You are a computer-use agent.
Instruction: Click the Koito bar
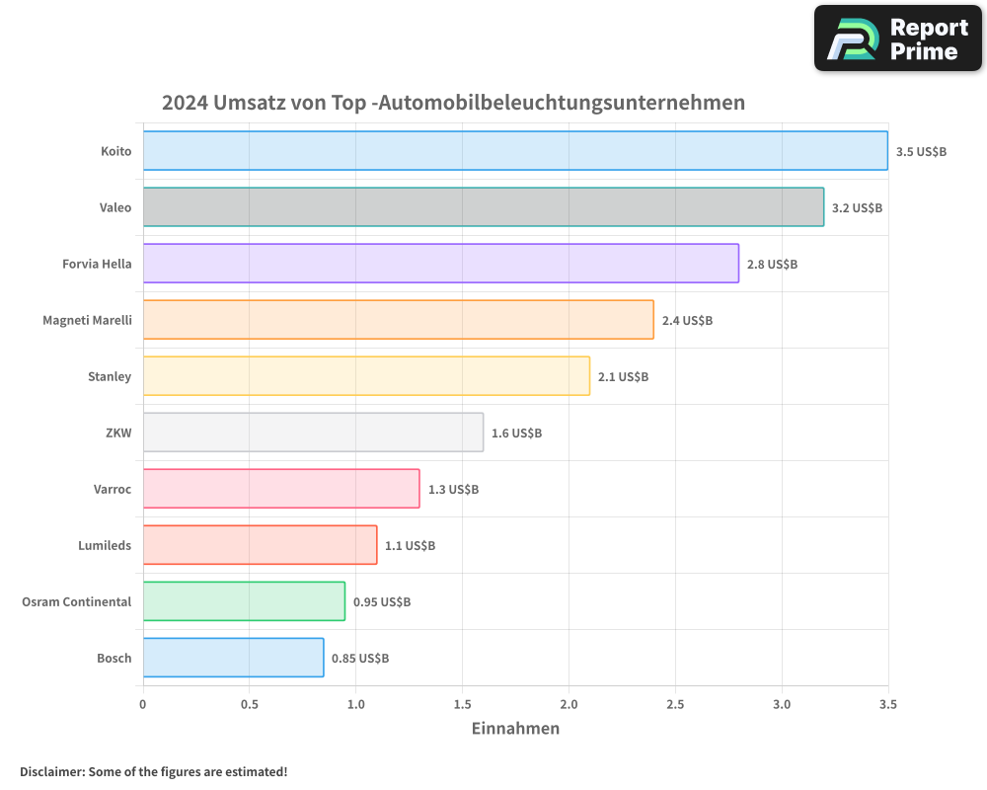point(515,151)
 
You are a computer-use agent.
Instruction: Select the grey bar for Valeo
point(484,207)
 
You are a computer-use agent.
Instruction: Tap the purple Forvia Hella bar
point(441,264)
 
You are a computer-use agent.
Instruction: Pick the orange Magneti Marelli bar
point(399,320)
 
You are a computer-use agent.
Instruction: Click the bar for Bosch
point(234,658)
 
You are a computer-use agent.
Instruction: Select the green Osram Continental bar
point(244,601)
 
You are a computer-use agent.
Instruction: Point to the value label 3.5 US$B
point(921,152)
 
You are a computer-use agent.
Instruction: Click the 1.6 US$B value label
point(516,434)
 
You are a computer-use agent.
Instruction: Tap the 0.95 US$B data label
point(382,602)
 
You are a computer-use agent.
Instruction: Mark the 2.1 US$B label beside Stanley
point(623,377)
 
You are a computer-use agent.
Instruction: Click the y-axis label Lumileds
point(105,546)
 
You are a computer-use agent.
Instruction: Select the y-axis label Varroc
point(112,490)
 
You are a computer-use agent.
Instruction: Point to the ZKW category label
point(119,434)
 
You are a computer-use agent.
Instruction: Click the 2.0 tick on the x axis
point(569,705)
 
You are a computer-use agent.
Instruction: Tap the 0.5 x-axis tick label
point(249,705)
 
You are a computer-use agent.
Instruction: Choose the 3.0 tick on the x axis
point(782,705)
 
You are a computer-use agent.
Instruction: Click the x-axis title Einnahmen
point(515,729)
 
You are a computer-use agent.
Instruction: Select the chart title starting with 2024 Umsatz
point(453,103)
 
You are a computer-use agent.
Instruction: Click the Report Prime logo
point(898,39)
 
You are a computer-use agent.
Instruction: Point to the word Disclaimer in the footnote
point(50,772)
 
